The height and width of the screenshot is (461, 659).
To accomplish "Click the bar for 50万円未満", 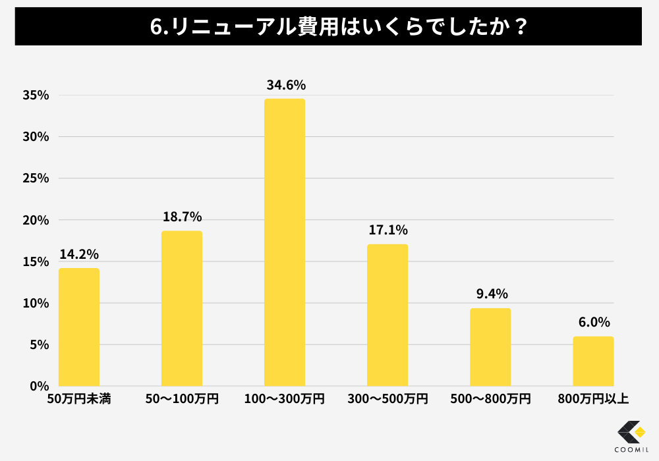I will [x=79, y=327].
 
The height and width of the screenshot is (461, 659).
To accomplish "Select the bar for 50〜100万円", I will [x=182, y=308].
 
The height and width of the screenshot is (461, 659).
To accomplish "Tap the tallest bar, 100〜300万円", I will [x=285, y=242].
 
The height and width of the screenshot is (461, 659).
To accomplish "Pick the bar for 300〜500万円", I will [x=387, y=315].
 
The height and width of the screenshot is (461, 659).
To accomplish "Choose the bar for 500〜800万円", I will [x=490, y=347].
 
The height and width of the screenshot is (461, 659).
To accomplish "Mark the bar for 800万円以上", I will [x=593, y=361].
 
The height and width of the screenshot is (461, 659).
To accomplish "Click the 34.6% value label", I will [x=286, y=85].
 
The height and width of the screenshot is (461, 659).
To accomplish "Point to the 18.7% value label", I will [x=182, y=217].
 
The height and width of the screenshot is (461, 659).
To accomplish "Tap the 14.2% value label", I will [x=79, y=254].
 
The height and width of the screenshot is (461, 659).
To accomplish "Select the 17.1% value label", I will [x=388, y=230].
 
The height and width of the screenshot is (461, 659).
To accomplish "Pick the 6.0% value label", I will [x=594, y=322].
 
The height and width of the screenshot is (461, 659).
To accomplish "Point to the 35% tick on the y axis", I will [x=36, y=95].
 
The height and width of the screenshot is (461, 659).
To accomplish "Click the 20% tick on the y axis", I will [x=36, y=220].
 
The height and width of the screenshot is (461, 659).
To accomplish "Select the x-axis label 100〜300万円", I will [x=285, y=399].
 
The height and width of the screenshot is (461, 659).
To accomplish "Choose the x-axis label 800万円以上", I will [x=593, y=399].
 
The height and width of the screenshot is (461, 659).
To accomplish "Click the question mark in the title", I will [x=519, y=27].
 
